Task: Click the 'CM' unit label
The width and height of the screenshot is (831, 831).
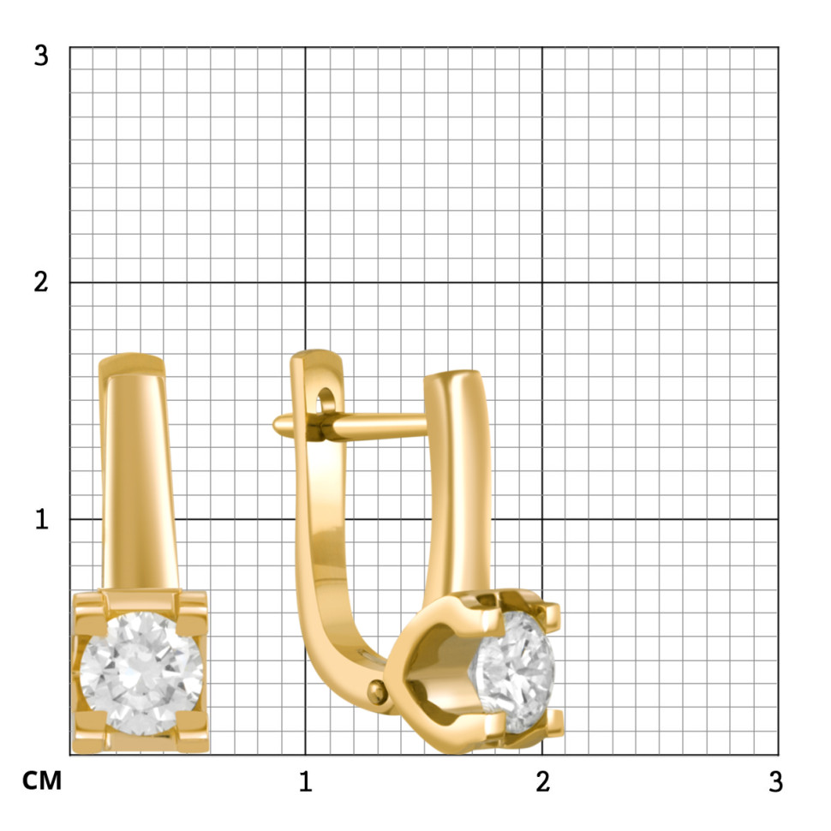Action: point(42,780)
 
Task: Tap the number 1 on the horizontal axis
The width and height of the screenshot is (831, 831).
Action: point(305,781)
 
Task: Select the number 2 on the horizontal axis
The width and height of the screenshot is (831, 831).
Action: point(542,781)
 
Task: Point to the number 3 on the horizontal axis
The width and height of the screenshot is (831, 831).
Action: point(776,781)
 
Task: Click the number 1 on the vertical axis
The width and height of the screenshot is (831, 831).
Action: point(41,519)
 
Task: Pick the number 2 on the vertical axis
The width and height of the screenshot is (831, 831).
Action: point(41,282)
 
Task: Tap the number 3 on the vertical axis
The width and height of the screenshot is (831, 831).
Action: point(41,56)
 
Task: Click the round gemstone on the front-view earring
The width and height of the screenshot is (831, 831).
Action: point(141,673)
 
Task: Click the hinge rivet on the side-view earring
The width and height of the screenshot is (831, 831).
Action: point(377,691)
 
